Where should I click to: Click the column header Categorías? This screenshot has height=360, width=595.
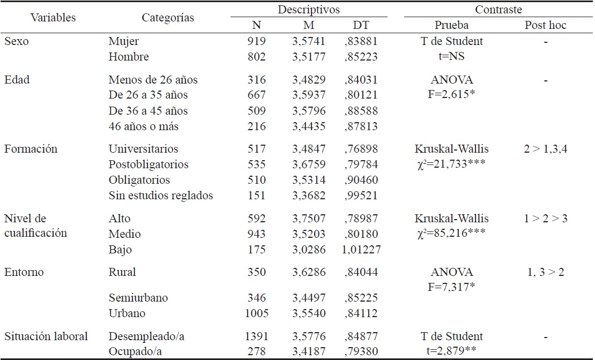(168, 18)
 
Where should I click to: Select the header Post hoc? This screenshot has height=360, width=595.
(546, 25)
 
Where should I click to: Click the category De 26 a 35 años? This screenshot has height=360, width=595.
(148, 95)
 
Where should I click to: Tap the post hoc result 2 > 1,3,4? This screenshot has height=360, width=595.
(546, 148)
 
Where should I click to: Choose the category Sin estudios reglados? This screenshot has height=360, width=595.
(160, 195)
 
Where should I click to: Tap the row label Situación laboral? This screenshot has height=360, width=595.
(46, 336)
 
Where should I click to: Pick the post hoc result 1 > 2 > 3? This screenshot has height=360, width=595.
(546, 218)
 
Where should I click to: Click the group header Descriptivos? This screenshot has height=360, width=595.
(308, 10)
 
